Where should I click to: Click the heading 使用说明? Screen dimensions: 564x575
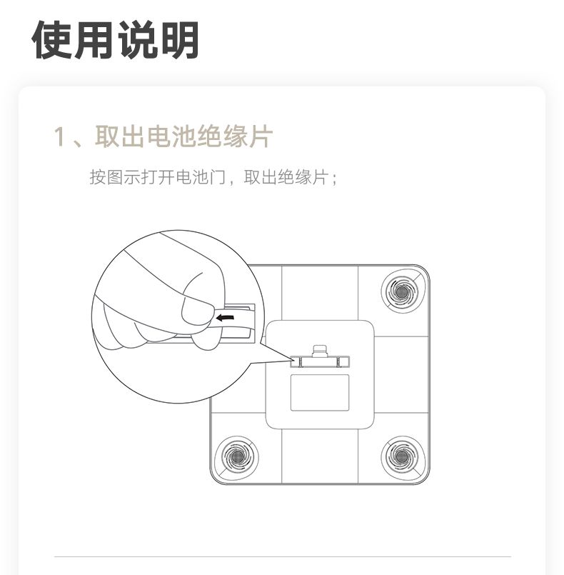[x=116, y=39]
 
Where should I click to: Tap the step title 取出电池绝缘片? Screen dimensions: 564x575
[x=184, y=136]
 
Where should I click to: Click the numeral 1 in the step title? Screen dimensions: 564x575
[x=59, y=136]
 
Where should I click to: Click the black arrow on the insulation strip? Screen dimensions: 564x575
[x=225, y=318]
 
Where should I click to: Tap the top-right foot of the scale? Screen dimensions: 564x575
[x=402, y=292]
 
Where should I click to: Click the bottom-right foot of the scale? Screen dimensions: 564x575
[x=402, y=457]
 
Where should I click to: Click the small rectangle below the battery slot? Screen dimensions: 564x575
[x=320, y=393]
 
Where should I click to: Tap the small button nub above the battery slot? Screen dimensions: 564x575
[x=320, y=351]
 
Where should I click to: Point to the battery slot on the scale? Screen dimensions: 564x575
[x=320, y=362]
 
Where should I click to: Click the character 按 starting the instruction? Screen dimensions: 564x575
[x=98, y=177]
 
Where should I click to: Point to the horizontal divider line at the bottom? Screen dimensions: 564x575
[x=283, y=556]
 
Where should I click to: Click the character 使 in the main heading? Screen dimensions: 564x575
[x=52, y=39]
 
